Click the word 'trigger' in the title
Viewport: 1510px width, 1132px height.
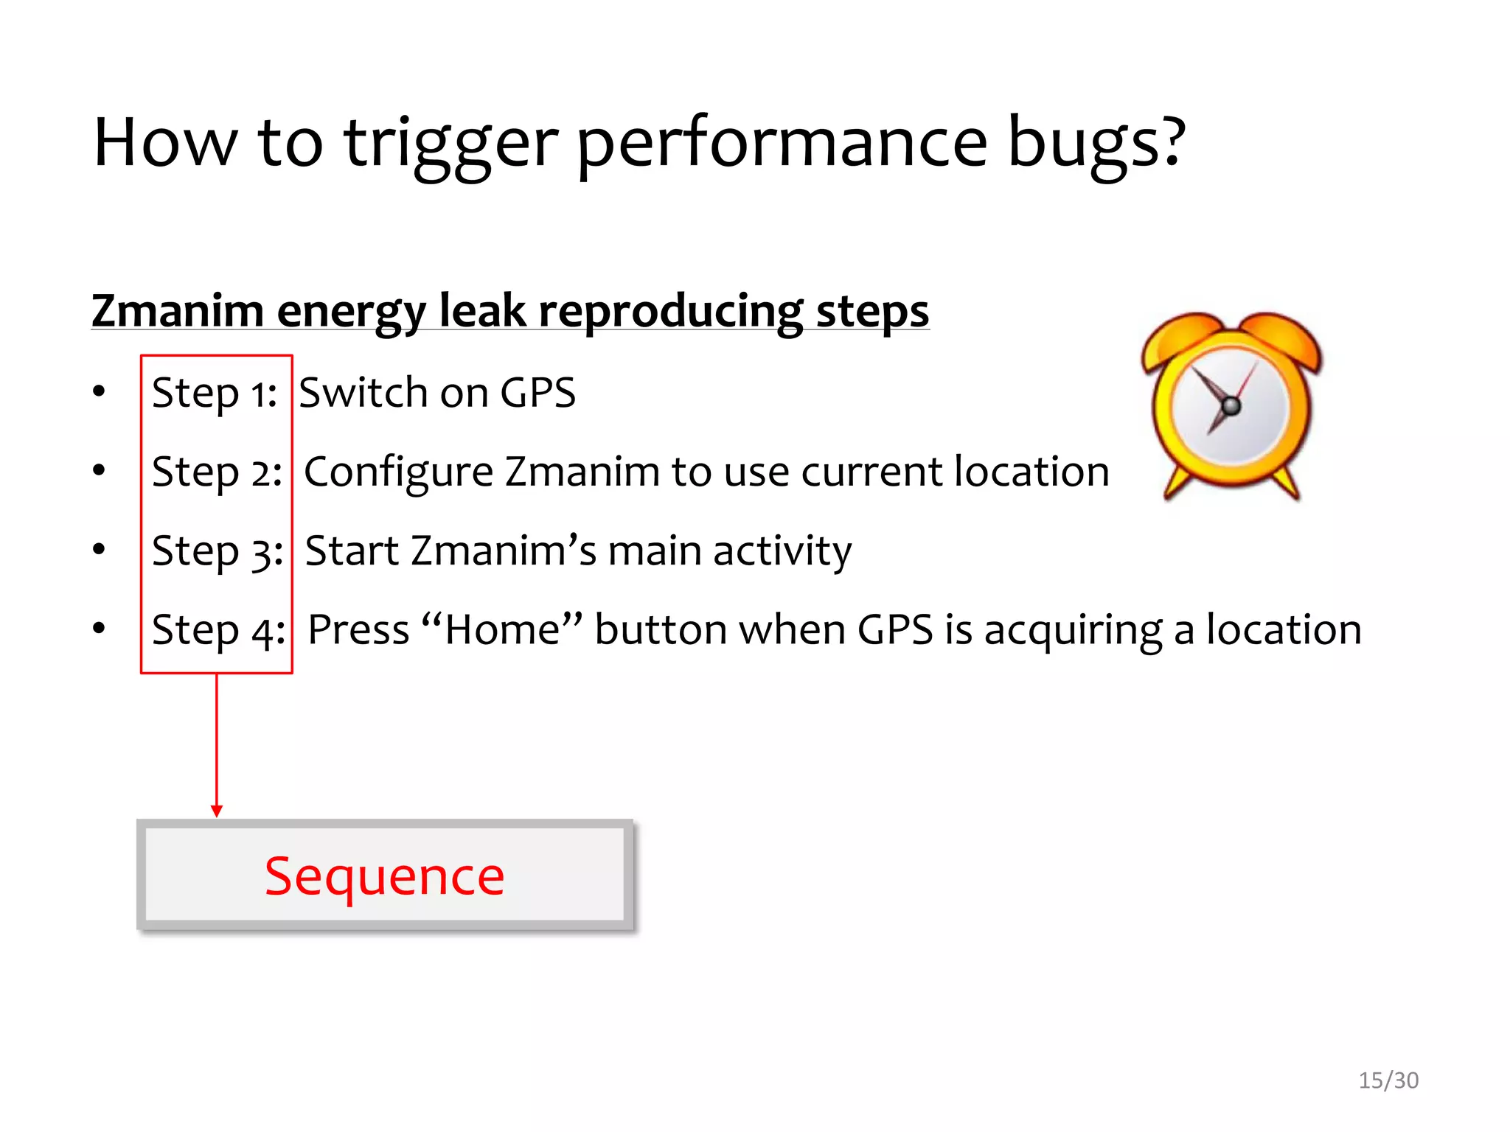click(x=450, y=144)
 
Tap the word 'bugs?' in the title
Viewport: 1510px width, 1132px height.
click(x=1096, y=144)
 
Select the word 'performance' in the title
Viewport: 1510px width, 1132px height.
click(x=781, y=144)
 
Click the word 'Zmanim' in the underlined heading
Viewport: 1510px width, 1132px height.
click(x=178, y=311)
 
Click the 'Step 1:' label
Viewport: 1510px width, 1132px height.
click(x=214, y=393)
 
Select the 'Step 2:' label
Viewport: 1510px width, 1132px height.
click(x=217, y=472)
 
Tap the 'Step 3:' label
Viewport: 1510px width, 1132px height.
click(x=218, y=551)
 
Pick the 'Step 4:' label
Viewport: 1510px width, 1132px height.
click(x=218, y=631)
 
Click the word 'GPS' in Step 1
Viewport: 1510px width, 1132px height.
click(x=537, y=393)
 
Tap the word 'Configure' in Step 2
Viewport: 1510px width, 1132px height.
click(x=398, y=472)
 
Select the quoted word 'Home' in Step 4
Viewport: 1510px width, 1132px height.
click(x=502, y=630)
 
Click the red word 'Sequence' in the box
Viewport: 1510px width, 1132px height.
click(x=384, y=876)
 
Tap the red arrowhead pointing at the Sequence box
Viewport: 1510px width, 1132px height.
click(x=217, y=811)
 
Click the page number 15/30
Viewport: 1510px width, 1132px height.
click(x=1388, y=1080)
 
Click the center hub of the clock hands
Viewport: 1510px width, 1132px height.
click(x=1231, y=405)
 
